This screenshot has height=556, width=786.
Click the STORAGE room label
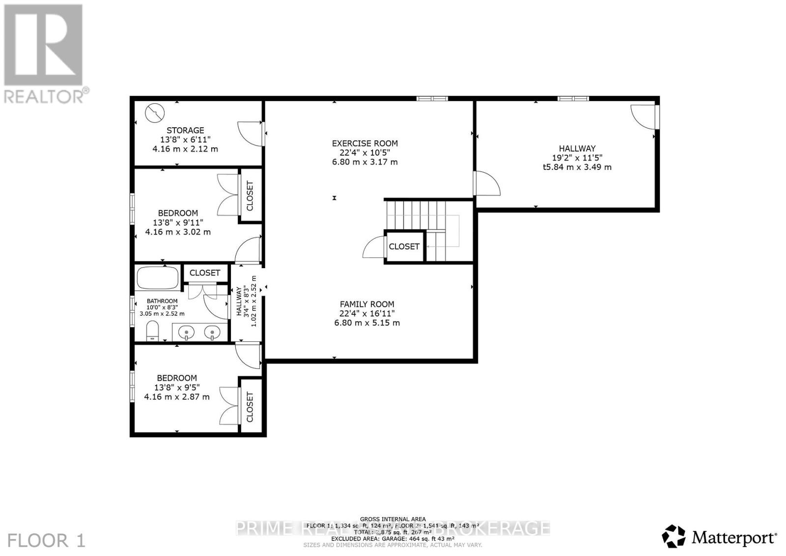tap(185, 130)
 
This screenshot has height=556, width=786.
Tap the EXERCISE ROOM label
tap(365, 143)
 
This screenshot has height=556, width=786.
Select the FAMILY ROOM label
tap(367, 304)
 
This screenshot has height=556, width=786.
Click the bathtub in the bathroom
tap(157, 278)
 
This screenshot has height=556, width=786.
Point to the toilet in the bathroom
tap(153, 331)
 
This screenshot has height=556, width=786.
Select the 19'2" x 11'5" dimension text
tap(577, 158)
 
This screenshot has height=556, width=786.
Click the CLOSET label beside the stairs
tap(404, 247)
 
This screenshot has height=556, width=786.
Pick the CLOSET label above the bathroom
tap(204, 273)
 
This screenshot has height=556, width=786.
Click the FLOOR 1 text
tap(47, 541)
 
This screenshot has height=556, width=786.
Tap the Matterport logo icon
tap(674, 536)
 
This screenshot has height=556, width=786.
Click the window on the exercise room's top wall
tap(432, 99)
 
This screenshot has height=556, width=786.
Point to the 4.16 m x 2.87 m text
tap(176, 396)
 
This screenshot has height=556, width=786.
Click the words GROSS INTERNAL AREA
tap(393, 519)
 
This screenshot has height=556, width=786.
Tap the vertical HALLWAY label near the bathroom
tap(239, 302)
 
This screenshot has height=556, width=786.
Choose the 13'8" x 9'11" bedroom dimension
tap(178, 222)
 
